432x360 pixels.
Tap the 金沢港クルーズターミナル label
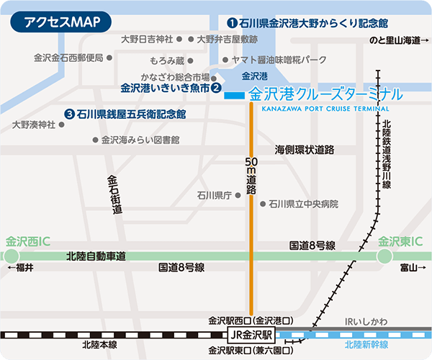pos(325,95)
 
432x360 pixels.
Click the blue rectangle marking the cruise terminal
pos(234,95)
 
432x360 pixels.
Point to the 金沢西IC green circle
pos(12,256)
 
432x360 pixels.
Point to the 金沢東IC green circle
pos(385,256)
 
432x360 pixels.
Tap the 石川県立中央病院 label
pos(303,204)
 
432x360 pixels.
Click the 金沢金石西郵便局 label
pos(68,57)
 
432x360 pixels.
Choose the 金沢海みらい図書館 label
pos(140,140)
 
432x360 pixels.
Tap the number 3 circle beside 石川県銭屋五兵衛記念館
pos(69,114)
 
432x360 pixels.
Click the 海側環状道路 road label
pos(305,150)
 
